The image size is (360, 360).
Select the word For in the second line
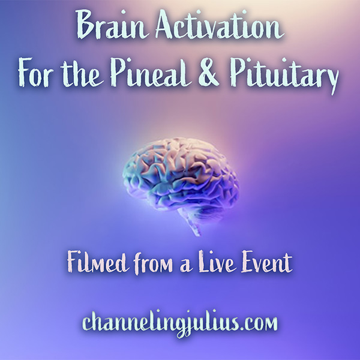tap(37, 77)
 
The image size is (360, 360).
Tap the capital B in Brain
tap(87, 27)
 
